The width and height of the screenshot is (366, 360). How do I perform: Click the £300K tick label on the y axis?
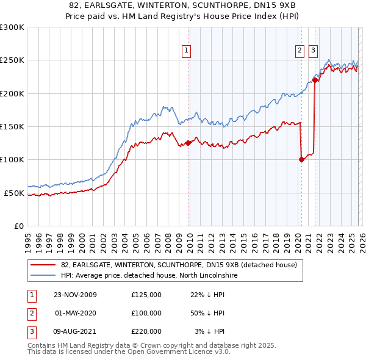pos(12,27)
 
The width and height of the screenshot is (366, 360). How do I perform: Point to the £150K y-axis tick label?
pos(12,127)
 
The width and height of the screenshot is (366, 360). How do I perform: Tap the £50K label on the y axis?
pos(14,193)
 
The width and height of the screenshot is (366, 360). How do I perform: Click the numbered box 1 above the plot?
pos(186,51)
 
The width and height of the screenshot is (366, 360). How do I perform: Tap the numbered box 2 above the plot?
pos(300,51)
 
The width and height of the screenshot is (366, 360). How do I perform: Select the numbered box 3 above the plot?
pos(313,51)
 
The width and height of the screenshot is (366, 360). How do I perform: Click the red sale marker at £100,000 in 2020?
pos(301,160)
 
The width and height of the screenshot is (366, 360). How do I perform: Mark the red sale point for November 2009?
pos(188,143)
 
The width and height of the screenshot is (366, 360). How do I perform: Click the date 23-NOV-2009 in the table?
pos(76,295)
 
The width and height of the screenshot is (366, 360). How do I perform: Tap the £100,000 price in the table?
pos(146,313)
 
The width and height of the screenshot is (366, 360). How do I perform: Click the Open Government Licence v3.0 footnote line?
pos(129,352)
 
